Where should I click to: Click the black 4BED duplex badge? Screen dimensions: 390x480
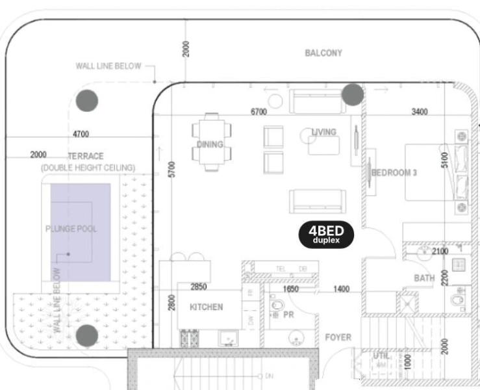[326, 235]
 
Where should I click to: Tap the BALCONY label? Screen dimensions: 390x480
[323, 53]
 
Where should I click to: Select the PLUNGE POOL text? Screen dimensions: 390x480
[71, 229]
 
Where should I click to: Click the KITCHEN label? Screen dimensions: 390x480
[206, 307]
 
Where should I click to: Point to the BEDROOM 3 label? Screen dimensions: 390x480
[394, 173]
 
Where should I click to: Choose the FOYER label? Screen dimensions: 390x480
[338, 337]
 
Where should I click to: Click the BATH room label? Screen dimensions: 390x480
[424, 279]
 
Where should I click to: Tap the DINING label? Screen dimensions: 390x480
[210, 144]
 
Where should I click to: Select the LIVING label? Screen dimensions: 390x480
[324, 132]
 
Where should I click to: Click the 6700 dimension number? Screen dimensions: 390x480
[259, 112]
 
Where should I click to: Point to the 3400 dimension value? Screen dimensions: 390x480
[420, 112]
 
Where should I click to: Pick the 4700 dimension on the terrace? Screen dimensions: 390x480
[81, 135]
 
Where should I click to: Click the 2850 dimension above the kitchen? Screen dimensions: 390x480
[198, 287]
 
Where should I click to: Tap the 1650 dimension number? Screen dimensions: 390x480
[290, 289]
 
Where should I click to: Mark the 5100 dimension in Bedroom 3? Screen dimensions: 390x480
[445, 160]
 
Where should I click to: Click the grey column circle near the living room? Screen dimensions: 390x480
[353, 95]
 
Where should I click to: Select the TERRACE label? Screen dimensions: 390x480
[86, 157]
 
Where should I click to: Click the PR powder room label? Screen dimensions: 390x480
[288, 315]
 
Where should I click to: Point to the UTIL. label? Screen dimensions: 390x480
[381, 356]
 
